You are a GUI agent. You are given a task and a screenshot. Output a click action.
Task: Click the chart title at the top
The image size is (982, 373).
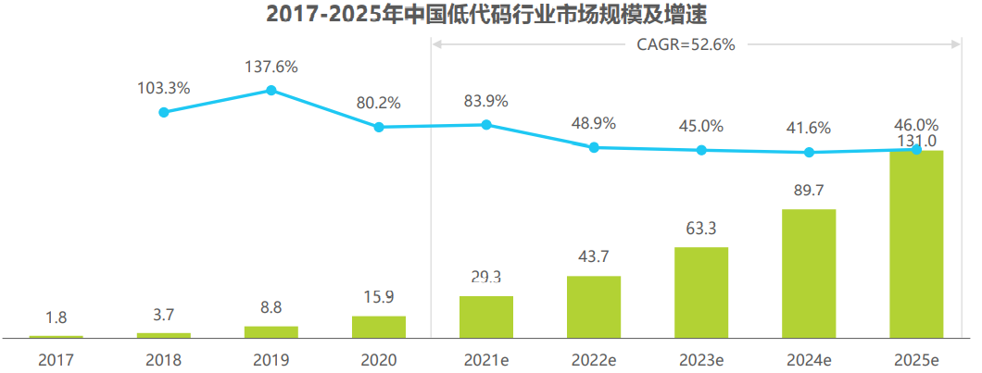click(x=491, y=14)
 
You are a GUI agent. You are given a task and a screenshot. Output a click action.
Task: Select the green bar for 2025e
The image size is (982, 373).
click(x=916, y=244)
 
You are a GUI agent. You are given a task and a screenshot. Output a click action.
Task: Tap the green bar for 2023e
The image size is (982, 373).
click(x=701, y=292)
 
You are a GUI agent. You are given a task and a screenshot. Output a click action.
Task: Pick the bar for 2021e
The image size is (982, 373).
click(x=486, y=317)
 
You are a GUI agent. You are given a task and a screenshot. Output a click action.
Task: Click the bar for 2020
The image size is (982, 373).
click(x=379, y=327)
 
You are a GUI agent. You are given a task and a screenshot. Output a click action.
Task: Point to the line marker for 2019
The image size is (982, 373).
click(x=271, y=90)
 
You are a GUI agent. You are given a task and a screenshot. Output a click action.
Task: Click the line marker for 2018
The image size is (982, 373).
click(x=164, y=112)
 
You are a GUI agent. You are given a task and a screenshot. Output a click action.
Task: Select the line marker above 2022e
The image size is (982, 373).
click(x=594, y=147)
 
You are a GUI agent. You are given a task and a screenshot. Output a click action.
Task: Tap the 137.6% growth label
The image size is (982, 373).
click(x=271, y=67)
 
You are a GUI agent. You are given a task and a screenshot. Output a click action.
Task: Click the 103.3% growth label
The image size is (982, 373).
click(x=164, y=89)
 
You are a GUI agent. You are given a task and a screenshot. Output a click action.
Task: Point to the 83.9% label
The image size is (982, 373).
click(x=486, y=102)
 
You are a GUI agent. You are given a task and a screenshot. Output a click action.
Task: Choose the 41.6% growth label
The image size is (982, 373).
click(x=809, y=129)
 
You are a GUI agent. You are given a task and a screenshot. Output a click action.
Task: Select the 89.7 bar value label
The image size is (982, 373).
click(x=809, y=191)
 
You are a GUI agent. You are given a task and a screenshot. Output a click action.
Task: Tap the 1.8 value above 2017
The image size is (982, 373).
click(x=57, y=317)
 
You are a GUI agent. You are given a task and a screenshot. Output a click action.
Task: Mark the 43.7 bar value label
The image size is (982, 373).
click(x=594, y=256)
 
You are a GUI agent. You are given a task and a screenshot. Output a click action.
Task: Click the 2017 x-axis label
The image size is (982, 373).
click(x=57, y=360)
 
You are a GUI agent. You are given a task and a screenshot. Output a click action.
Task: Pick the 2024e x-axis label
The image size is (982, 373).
click(x=809, y=360)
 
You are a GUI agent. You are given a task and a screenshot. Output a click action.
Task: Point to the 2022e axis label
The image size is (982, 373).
click(x=594, y=360)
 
